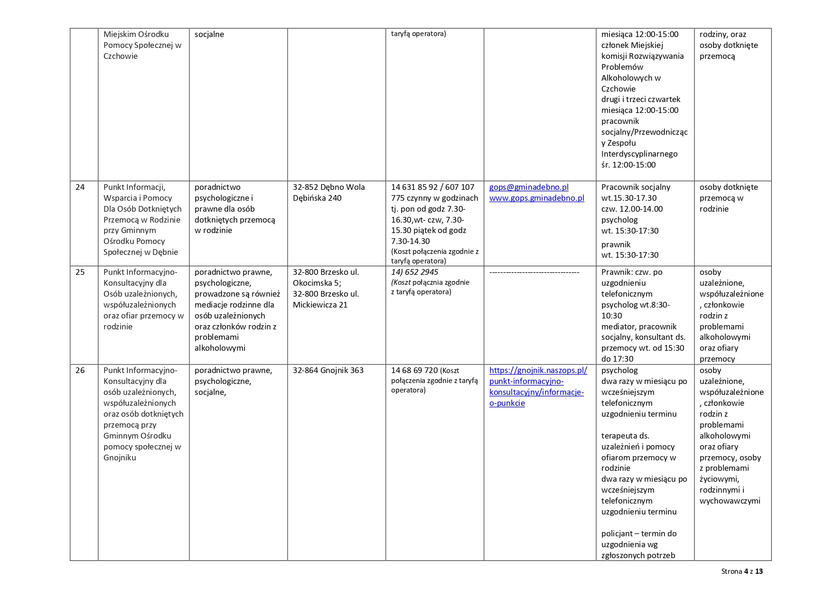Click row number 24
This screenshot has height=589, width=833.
click(x=80, y=187)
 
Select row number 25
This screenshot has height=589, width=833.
click(x=80, y=272)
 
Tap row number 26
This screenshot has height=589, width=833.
click(x=80, y=370)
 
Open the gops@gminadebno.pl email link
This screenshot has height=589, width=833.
click(x=529, y=187)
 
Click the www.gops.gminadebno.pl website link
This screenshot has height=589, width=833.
click(x=536, y=198)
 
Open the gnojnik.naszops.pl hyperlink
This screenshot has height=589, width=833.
click(x=538, y=386)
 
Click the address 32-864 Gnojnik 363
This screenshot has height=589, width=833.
click(x=328, y=370)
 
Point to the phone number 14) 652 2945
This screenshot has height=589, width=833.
click(x=414, y=272)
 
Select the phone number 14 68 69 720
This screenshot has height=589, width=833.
click(x=414, y=370)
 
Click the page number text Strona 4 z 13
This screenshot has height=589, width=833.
click(x=742, y=571)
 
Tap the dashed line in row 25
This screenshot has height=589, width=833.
click(x=534, y=272)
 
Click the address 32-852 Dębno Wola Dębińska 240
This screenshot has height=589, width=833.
click(x=328, y=192)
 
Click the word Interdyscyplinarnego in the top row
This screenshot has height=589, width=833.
click(x=639, y=154)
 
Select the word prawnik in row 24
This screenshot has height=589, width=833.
click(x=616, y=244)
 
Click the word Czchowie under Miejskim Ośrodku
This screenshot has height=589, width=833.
click(x=121, y=56)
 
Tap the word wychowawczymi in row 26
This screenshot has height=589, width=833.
click(x=730, y=501)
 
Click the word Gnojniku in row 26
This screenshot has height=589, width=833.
click(x=120, y=458)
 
